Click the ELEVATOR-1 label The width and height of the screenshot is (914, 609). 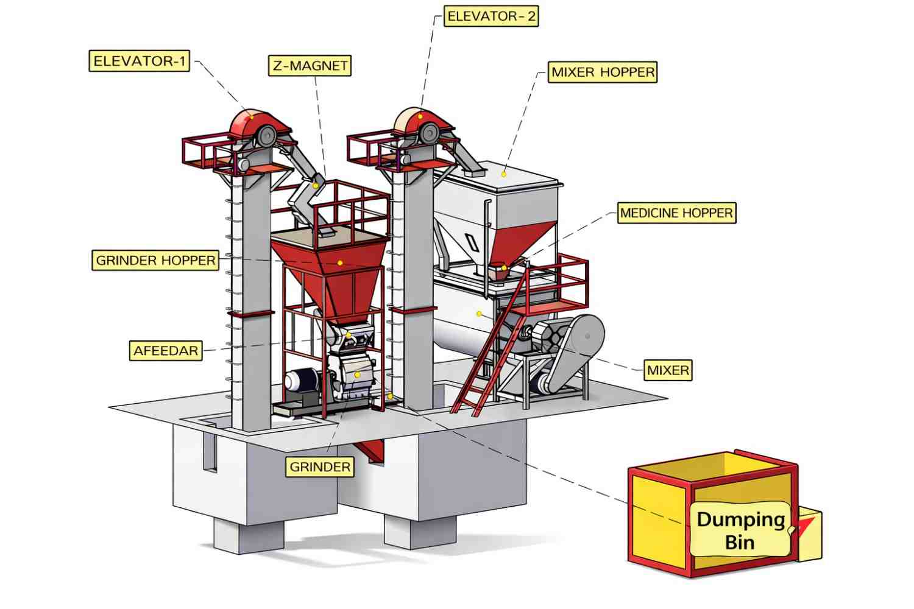pos(139,61)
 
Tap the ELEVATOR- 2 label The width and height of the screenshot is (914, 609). pos(491,16)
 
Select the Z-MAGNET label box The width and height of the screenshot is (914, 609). pos(310,65)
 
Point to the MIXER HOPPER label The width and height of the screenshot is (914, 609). pos(603,72)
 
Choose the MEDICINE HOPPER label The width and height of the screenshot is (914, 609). pos(676,213)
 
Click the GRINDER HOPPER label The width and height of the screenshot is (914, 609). pos(155,260)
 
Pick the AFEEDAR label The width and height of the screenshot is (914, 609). pos(166,351)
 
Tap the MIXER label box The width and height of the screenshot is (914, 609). pos(668,370)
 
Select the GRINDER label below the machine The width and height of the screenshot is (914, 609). pos(320,467)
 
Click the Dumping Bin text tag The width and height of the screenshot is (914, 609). pos(740,530)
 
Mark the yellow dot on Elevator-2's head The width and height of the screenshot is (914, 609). pos(420,116)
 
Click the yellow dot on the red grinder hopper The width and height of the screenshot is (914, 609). pos(340,263)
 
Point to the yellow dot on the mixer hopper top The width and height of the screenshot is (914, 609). pos(504,174)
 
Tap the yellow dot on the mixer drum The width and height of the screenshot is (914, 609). pos(479,314)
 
